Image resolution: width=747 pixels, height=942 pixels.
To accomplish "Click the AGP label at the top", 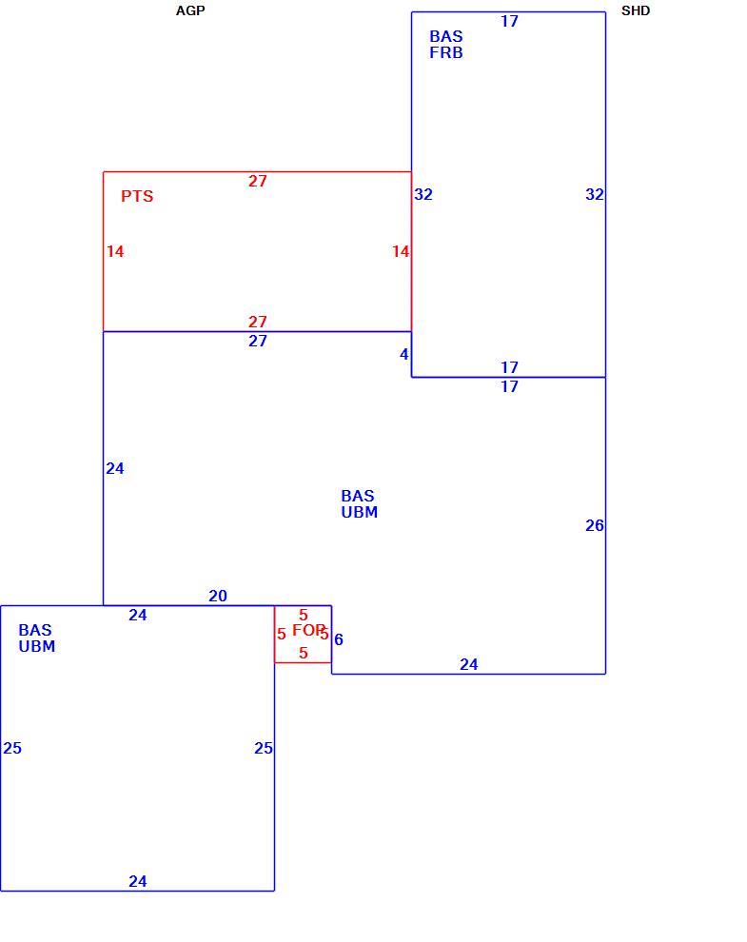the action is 190,10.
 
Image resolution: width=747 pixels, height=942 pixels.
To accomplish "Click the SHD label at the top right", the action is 636,10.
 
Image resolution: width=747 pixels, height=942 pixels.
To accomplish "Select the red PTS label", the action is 137,196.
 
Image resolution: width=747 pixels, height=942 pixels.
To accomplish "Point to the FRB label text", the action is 446,53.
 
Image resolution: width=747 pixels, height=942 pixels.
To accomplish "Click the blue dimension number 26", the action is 595,525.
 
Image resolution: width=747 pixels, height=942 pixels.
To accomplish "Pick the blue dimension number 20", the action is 218,596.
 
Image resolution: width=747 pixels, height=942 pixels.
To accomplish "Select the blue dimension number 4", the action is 403,355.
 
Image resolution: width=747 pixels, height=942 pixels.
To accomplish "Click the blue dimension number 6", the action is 339,639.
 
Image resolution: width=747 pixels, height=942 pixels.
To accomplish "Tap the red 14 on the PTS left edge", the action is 115,252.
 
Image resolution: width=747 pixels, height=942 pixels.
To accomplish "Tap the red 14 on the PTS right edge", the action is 401,252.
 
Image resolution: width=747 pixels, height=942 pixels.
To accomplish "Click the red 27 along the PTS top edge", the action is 257,181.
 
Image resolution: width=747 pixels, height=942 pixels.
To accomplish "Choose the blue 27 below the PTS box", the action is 257,342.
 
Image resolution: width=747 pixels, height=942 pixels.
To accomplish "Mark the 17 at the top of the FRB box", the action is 509,22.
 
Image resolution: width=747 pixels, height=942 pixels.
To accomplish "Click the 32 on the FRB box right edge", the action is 595,195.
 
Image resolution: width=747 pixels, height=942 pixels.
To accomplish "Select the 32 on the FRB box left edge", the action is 423,195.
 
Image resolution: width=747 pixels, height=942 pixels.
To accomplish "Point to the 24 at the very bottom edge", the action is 138,881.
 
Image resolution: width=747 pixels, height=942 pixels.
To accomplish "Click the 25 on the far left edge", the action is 12,748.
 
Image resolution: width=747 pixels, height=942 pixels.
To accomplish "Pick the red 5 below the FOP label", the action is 303,653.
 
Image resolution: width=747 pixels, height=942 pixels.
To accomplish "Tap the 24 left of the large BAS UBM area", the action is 115,468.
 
